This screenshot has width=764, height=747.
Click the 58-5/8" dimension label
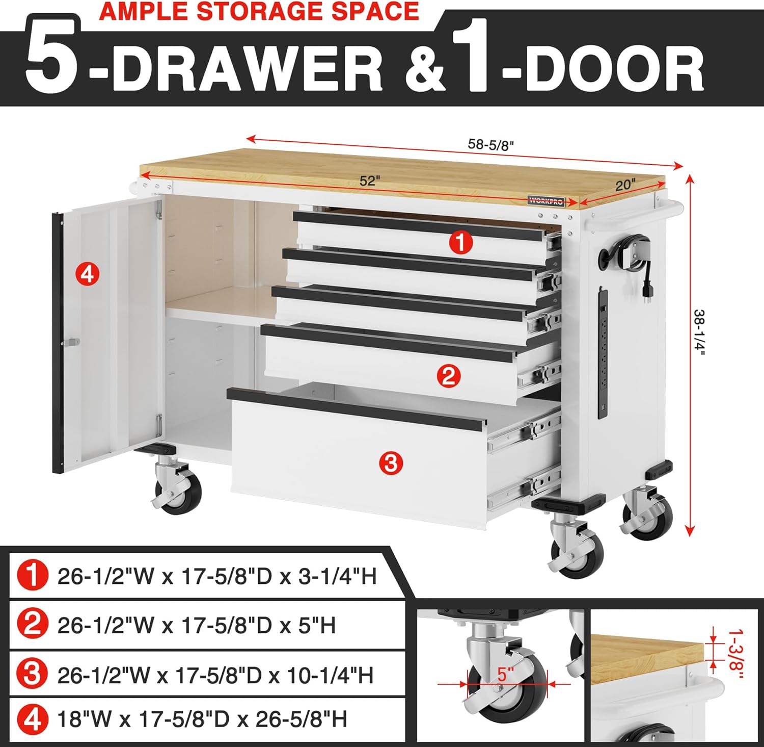point(490,145)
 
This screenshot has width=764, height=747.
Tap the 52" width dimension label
point(370,181)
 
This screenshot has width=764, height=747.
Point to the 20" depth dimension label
point(625,185)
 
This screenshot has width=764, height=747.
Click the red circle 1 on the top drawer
point(461,243)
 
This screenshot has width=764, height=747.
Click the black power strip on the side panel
point(603,353)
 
